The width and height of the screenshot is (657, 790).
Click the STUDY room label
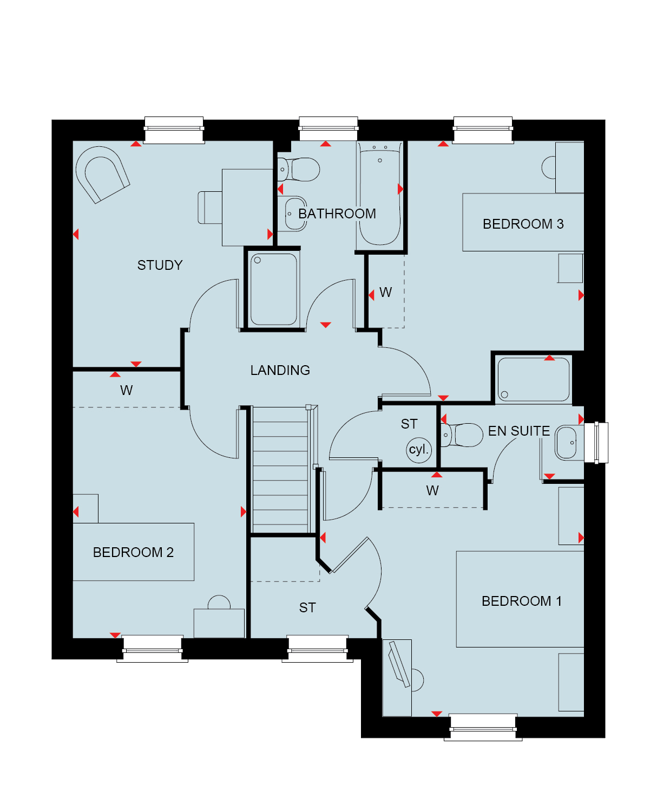coord(160,265)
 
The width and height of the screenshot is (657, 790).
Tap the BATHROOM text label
coord(337,214)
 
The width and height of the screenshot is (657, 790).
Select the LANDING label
coord(280,370)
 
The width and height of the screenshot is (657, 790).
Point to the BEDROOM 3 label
coord(523,224)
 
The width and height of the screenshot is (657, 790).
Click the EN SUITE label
coord(518,431)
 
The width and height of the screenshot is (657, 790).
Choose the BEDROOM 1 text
coord(522,601)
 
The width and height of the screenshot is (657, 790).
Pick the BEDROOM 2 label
coord(133,552)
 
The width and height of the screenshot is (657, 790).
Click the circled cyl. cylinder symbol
coord(419,450)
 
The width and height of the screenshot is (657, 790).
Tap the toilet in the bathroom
coord(299,170)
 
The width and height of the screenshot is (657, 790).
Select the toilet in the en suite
coord(462,435)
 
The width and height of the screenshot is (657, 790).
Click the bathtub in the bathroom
coord(379,196)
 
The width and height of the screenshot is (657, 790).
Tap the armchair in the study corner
coord(102,174)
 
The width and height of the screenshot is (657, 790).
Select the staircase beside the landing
coord(280,470)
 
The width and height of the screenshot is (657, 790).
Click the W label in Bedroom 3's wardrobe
coord(385,293)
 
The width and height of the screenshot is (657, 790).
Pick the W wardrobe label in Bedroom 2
coord(126,391)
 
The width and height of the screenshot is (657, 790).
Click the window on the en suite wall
coord(596,443)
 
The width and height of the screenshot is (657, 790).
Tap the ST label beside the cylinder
coord(409,424)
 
